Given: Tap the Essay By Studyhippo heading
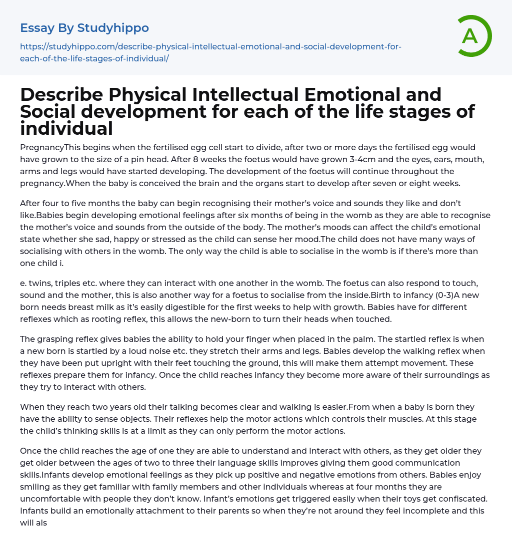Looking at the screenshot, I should pyautogui.click(x=84, y=28).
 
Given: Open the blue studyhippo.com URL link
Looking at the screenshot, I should pyautogui.click(x=210, y=52).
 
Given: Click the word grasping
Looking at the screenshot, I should pyautogui.click(x=55, y=339).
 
